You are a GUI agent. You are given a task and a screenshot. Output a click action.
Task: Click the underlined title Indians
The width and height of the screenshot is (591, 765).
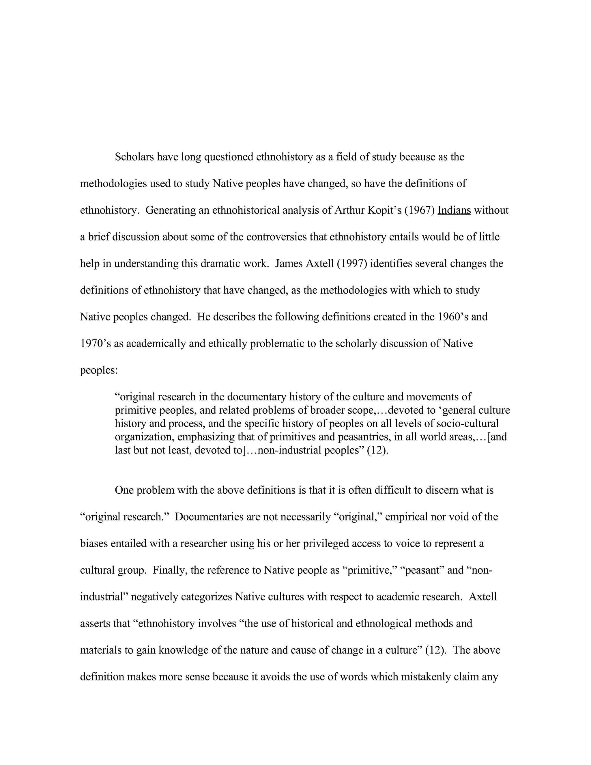point(454,210)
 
